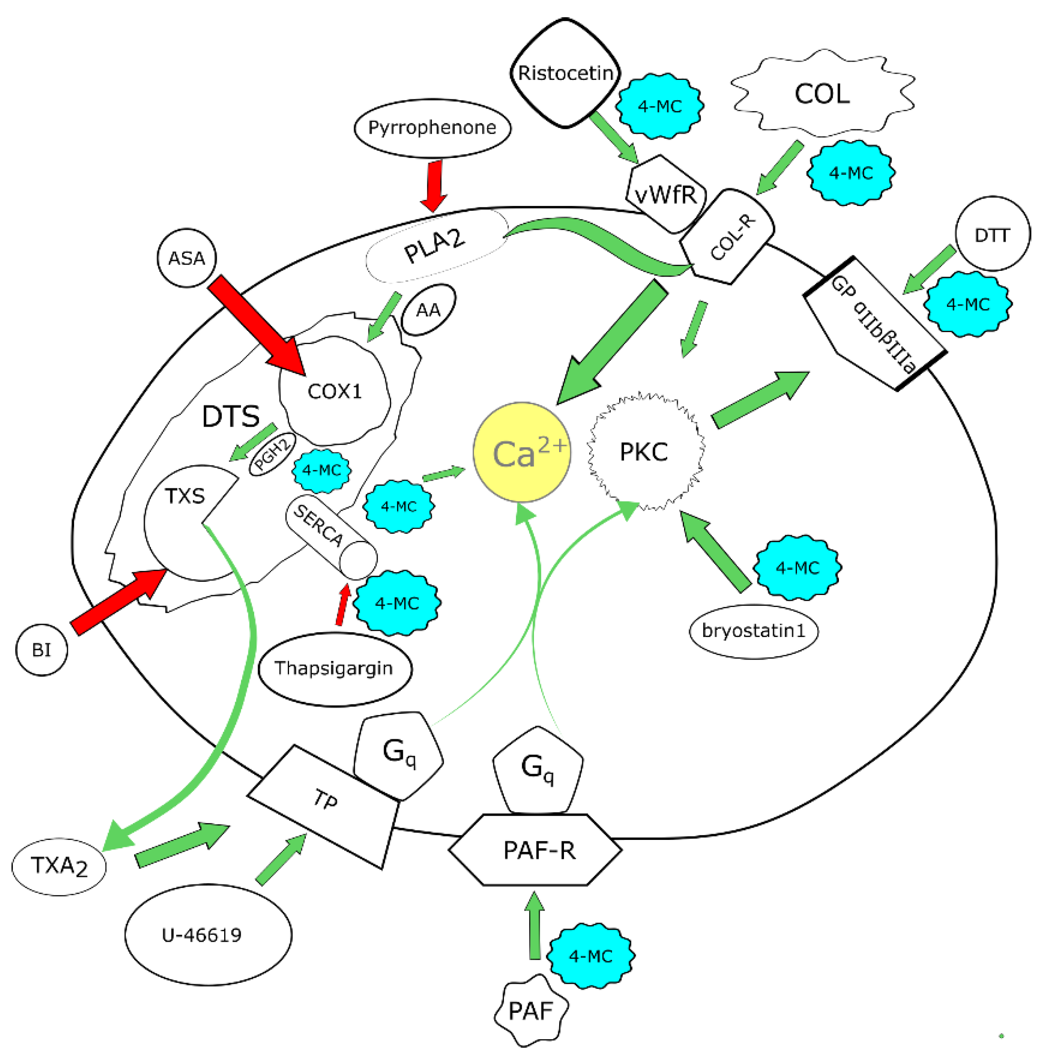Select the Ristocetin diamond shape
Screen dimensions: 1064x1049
[x=565, y=73]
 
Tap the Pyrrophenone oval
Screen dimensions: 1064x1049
[x=432, y=128]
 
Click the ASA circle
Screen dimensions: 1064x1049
[x=187, y=258]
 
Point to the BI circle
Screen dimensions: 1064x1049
[x=41, y=650]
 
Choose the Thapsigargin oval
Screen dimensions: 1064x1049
[x=335, y=669]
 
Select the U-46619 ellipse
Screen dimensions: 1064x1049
[x=208, y=935]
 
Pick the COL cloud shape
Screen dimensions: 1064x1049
[x=822, y=94]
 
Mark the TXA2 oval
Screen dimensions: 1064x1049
[x=59, y=867]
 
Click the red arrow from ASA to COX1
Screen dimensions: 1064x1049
[x=256, y=325]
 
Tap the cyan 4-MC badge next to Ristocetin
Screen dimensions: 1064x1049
[x=659, y=106]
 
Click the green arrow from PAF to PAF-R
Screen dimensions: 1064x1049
[x=534, y=925]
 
